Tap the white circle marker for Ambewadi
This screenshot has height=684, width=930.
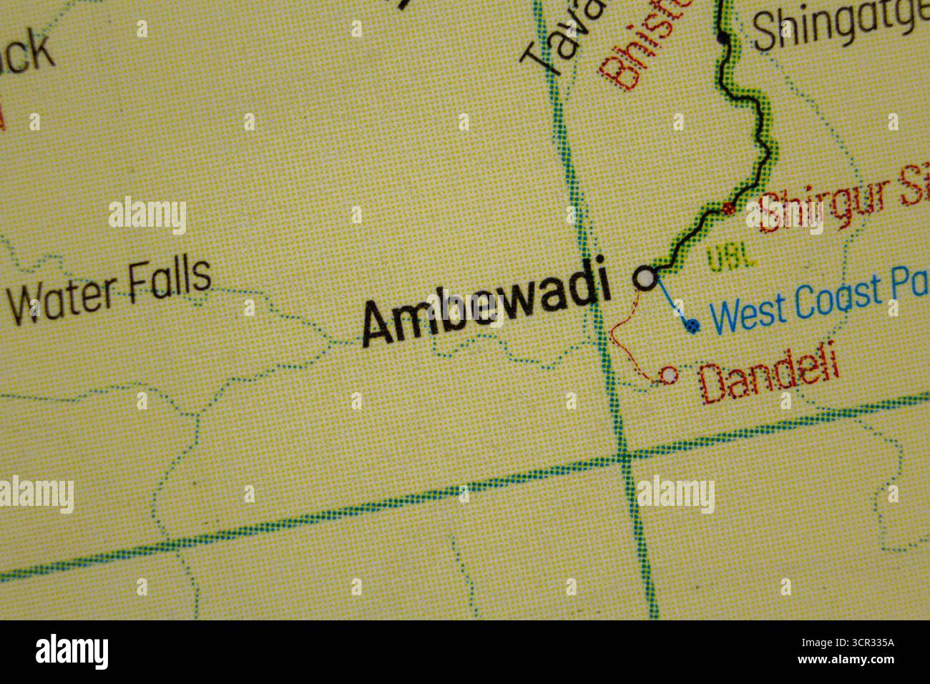click(x=646, y=278)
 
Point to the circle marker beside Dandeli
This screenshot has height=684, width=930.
click(x=669, y=373)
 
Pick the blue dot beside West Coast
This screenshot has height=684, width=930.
click(x=691, y=326)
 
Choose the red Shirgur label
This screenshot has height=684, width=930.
click(x=837, y=202)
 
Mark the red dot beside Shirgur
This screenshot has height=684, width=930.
click(x=729, y=209)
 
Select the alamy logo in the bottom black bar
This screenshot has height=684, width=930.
click(x=72, y=652)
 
